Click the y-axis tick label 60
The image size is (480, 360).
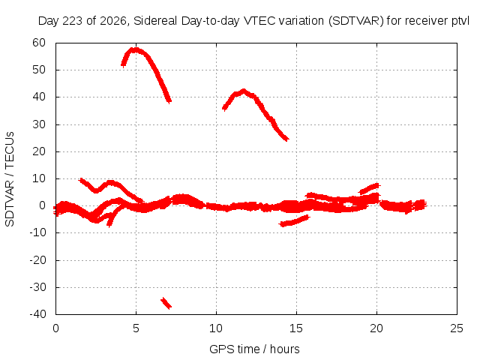click(39, 43)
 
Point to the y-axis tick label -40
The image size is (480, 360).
click(37, 314)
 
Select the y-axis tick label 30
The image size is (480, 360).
click(39, 124)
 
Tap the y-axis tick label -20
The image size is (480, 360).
click(37, 260)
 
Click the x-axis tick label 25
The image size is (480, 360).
click(457, 328)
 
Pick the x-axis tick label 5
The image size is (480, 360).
click(136, 328)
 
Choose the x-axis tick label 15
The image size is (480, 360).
click(296, 328)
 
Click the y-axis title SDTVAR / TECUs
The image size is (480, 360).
click(10, 179)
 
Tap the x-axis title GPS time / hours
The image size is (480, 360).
click(254, 349)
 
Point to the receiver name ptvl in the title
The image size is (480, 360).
click(460, 21)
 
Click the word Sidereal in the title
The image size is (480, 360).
click(155, 21)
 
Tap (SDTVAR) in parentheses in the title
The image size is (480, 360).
click(356, 21)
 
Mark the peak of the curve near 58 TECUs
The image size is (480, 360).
click(135, 49)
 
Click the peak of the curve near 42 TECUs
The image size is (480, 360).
click(244, 91)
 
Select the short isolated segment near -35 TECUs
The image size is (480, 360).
click(166, 303)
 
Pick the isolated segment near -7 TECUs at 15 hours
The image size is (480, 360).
click(295, 220)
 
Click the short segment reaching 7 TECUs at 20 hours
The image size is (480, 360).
click(370, 188)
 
